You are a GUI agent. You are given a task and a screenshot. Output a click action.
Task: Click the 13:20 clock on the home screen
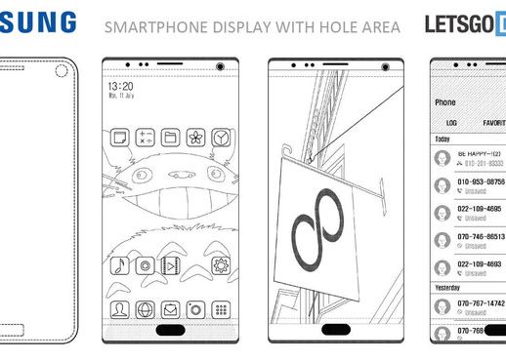coord(121,86)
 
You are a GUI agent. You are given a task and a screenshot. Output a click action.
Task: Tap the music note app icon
coord(119,264)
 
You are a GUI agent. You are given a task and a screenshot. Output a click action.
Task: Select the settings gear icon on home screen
coord(221,264)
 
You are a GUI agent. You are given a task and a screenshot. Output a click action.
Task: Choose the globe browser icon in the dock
coord(145,310)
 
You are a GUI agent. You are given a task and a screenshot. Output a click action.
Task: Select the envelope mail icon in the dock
coord(170,310)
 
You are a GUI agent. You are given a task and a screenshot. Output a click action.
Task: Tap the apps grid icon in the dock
coord(221,310)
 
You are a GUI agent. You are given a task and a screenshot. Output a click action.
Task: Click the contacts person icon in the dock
coord(119,310)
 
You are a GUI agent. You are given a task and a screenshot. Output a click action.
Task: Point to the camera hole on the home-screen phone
coord(219,66)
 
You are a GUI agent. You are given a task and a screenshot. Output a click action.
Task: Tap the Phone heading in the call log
coord(445,101)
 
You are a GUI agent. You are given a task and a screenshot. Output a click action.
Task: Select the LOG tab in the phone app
coord(451,124)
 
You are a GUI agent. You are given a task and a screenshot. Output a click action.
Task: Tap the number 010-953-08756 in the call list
coord(482,181)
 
